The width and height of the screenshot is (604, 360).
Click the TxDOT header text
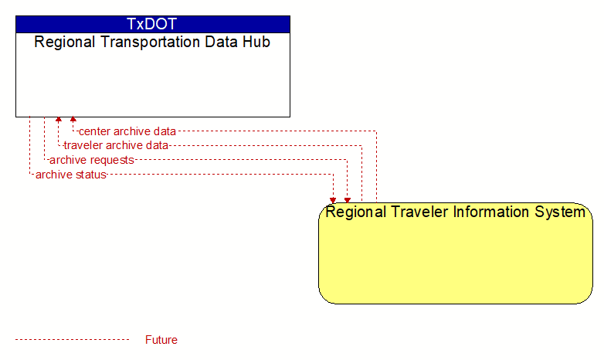[151, 24]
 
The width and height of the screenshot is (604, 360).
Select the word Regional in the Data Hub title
[65, 42]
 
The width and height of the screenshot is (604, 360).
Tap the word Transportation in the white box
[151, 42]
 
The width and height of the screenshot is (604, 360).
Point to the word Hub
[256, 42]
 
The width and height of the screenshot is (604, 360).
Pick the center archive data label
[127, 131]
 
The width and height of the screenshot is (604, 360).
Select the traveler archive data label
[116, 145]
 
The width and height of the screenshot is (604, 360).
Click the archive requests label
[92, 160]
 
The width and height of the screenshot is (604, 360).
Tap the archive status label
[71, 175]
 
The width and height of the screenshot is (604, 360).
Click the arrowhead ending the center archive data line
[73, 119]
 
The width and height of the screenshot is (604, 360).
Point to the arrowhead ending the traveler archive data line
[59, 119]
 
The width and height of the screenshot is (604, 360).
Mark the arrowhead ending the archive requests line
[348, 200]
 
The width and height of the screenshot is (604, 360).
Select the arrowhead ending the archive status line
[333, 200]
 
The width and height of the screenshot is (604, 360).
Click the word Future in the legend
[161, 340]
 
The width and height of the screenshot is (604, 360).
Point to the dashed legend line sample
[73, 340]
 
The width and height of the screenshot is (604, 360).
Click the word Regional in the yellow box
[356, 212]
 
